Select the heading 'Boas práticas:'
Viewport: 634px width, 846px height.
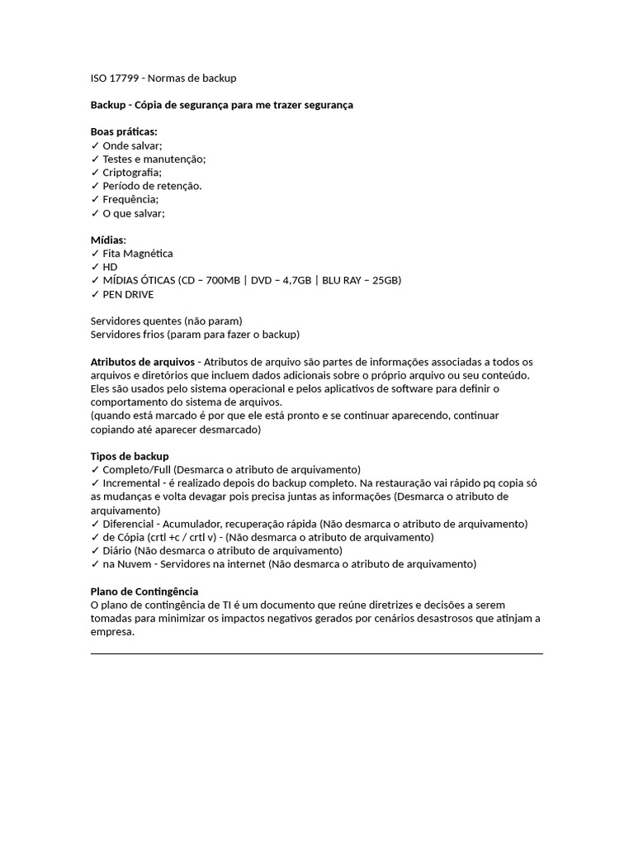124,132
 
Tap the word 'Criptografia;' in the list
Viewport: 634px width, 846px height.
132,173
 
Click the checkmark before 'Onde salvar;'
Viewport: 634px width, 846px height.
95,145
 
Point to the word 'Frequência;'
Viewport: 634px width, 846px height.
130,200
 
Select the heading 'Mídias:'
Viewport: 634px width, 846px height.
108,240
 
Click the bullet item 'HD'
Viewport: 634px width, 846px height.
110,268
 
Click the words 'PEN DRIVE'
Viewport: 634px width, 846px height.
128,295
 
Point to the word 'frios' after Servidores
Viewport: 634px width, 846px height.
152,335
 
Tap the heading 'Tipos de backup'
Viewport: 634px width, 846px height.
130,456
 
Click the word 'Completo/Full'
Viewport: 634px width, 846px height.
136,469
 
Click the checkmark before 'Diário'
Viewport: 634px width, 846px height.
95,551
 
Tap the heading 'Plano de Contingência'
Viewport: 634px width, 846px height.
144,592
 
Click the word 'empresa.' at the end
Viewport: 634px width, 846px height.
111,632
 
